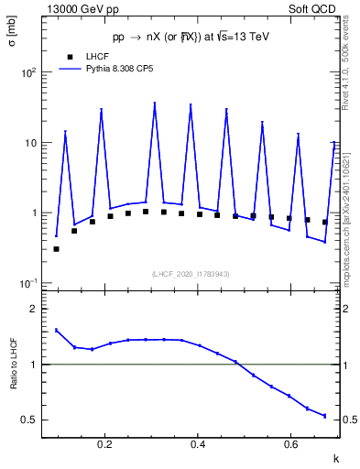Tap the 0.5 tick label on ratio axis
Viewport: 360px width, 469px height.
click(30, 420)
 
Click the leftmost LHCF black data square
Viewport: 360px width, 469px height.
click(56, 248)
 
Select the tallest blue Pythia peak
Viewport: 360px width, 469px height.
click(154, 104)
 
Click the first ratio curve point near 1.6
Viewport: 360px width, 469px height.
click(56, 330)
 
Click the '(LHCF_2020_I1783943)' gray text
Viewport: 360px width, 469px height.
click(190, 274)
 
